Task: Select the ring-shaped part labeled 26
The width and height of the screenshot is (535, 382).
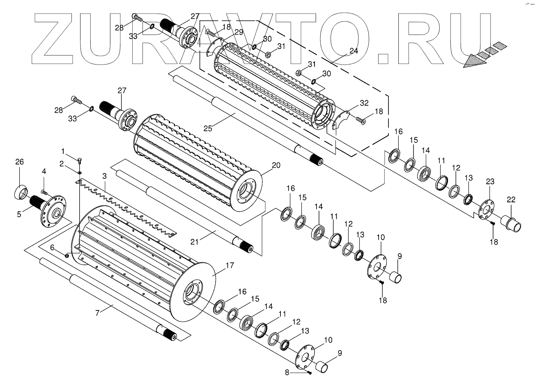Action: [x=21, y=192]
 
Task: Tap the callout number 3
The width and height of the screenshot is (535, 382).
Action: [x=104, y=176]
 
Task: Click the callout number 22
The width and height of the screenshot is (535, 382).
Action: [x=511, y=200]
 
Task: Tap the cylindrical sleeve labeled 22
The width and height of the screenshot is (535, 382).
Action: [x=512, y=224]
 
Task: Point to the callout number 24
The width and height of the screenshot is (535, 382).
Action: [x=354, y=51]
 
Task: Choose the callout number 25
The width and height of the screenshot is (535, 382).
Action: [x=208, y=128]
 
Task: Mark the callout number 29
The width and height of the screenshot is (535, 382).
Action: [x=239, y=32]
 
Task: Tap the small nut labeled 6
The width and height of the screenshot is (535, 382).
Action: [x=67, y=256]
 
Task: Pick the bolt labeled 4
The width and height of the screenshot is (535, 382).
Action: [x=44, y=192]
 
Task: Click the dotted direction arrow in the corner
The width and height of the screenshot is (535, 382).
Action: [x=484, y=55]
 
